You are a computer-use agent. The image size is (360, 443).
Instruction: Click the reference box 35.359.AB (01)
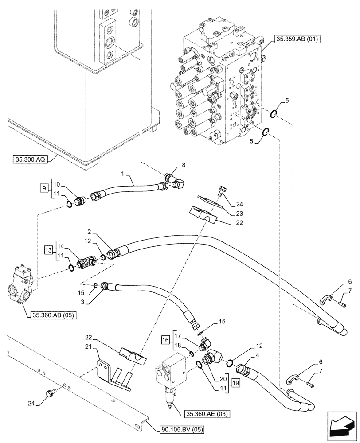click(x=297, y=39)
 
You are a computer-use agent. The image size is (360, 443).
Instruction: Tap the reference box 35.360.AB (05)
click(x=54, y=315)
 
